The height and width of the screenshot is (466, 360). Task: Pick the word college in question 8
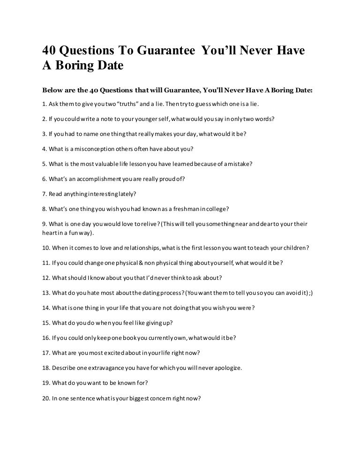(x=218, y=209)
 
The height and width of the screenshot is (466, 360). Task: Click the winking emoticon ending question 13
(x=310, y=293)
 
